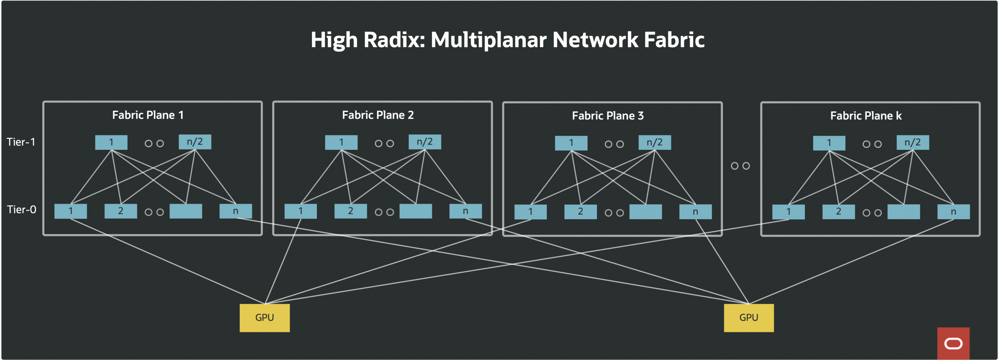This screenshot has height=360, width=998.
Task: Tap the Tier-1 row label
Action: pos(21,142)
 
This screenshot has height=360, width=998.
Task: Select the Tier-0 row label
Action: pos(22,210)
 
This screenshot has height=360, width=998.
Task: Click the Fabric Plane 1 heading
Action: pos(148,115)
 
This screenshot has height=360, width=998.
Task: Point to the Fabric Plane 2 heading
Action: pos(378,115)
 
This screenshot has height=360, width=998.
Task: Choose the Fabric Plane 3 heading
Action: pos(608,116)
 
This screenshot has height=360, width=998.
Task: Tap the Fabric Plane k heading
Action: pos(866,116)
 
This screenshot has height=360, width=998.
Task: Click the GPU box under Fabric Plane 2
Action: pos(265,318)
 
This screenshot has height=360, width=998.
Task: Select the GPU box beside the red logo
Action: pos(748,318)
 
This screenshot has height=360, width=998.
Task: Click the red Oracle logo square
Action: pos(953,343)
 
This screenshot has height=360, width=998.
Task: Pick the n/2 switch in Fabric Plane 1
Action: pos(195,142)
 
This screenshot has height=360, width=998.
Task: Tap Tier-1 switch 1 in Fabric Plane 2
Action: pos(341,142)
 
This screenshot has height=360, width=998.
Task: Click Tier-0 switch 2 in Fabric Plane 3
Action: pos(580,212)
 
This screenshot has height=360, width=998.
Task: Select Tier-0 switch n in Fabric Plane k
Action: pos(954,212)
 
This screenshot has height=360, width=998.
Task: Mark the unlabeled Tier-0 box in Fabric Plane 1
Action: pos(186,211)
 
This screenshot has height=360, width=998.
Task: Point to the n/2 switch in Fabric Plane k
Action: pos(913,142)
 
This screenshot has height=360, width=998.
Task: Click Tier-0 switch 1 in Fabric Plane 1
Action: pos(71,211)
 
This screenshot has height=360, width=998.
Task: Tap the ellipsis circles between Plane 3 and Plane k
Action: pos(740,166)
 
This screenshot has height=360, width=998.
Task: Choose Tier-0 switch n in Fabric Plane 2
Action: pos(465,211)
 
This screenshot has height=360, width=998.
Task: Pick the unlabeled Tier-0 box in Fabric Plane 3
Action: pos(646,212)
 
